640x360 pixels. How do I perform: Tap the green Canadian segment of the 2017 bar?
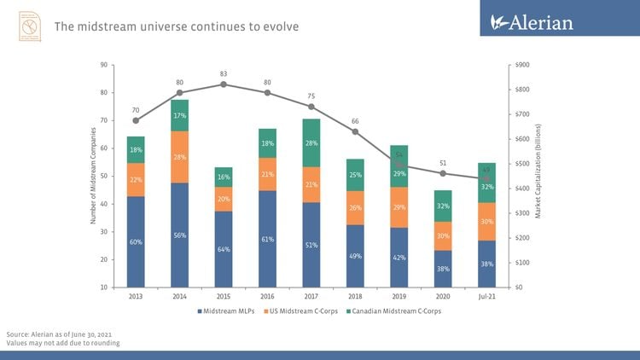click(x=311, y=142)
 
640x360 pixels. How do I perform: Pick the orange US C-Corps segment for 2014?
click(x=180, y=157)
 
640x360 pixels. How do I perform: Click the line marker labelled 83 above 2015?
click(x=224, y=84)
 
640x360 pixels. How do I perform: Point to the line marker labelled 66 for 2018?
click(x=356, y=131)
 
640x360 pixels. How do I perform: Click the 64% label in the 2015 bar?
click(x=224, y=249)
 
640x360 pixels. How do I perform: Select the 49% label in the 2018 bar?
click(x=356, y=256)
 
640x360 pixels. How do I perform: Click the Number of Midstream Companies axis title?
click(x=92, y=177)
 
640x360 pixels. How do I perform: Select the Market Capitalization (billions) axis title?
click(x=538, y=171)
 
